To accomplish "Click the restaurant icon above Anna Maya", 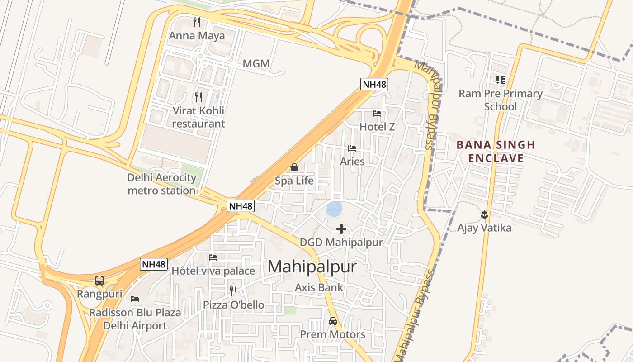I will [x=197, y=22].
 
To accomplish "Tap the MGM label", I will [x=256, y=64].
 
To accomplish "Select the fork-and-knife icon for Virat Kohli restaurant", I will [x=198, y=97].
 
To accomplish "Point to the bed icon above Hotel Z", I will [x=377, y=114].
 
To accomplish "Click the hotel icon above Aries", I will [x=352, y=148].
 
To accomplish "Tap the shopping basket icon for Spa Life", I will [x=294, y=168].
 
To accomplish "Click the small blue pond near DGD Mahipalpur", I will [x=335, y=209].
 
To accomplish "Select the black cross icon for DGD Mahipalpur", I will [x=341, y=229].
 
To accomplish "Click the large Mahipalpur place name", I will [x=312, y=267].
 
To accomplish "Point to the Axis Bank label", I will [x=319, y=287].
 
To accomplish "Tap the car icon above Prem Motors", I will [x=333, y=321].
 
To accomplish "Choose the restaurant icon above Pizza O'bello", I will [x=233, y=291].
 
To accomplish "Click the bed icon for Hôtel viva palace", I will [x=213, y=257].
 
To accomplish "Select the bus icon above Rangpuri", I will [x=99, y=281].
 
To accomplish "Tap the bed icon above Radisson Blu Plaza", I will [x=134, y=299].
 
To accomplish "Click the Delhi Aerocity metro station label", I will [x=162, y=184].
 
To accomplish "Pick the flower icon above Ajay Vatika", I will [x=484, y=214].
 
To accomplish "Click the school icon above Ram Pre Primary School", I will [x=500, y=80].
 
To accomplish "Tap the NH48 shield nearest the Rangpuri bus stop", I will [x=154, y=264].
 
